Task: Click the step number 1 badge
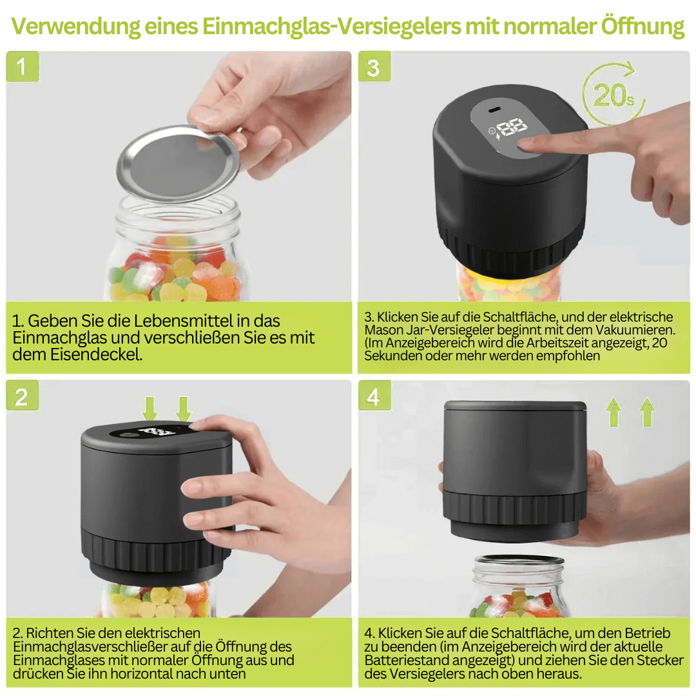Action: (x=23, y=67)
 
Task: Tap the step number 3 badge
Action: (x=374, y=67)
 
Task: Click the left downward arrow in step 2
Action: (x=150, y=409)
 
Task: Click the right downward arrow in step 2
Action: (x=184, y=409)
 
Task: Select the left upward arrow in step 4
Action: (x=614, y=412)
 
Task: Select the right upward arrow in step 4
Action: (x=648, y=412)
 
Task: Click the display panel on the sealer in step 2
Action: (x=151, y=432)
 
